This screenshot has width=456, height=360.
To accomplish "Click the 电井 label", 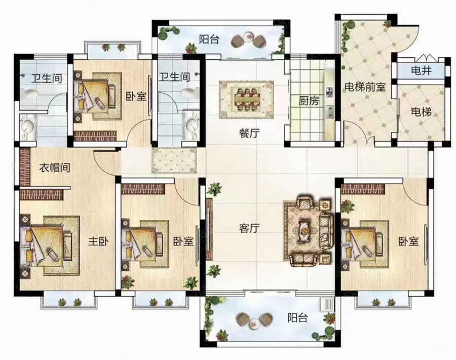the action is coord(421,70).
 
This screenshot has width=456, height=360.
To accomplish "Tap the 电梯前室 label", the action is coord(365,87).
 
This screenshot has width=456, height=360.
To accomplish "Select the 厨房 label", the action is coord(309,101).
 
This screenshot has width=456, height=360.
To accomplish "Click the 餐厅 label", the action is coord(249,133).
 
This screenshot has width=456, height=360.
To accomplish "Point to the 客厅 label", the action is coord(249,229).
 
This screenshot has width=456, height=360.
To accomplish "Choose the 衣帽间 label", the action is coord(55,167).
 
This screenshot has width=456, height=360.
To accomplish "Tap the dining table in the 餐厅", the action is coord(246,99).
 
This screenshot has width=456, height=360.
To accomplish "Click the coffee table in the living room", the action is coord(304,231).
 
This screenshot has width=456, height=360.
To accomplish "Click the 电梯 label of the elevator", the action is coord(421,112).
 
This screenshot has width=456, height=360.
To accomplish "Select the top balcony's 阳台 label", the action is coord(209,39).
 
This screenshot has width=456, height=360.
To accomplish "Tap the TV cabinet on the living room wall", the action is coord(209,229).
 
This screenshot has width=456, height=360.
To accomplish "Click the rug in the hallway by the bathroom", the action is coord(174,160).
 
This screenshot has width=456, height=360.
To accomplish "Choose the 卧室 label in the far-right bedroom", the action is coord(408,241).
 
